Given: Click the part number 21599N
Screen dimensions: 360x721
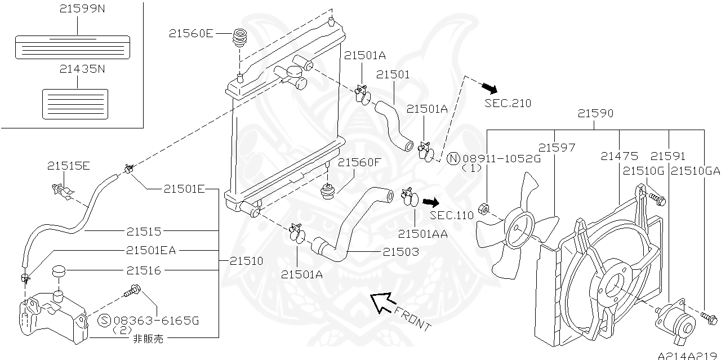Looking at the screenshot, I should [x=82, y=10].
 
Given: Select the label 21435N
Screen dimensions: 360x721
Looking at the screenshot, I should [x=82, y=69].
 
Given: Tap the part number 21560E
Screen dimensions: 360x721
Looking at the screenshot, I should [x=191, y=34].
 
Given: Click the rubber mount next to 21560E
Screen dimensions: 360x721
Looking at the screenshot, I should [x=241, y=40].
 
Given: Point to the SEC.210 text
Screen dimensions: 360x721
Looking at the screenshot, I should [x=508, y=103].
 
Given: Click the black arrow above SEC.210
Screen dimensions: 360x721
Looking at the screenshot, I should [x=488, y=87].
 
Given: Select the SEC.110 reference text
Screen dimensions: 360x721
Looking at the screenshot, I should [x=452, y=215].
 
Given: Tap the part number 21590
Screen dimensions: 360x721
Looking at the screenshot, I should [x=595, y=114].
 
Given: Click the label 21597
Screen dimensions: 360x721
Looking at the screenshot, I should [x=557, y=148].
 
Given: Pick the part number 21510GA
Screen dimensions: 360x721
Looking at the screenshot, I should [x=696, y=170].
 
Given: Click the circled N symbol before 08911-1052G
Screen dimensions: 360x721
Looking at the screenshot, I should [x=453, y=158].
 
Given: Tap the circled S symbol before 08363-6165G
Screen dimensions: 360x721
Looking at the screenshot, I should [x=104, y=321].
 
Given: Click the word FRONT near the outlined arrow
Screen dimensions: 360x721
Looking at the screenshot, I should [x=413, y=318].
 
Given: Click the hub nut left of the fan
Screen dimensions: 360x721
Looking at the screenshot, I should [x=483, y=211].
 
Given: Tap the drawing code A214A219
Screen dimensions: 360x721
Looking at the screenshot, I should [x=688, y=355].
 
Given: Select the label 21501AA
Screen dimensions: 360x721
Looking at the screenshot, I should [x=422, y=233].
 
